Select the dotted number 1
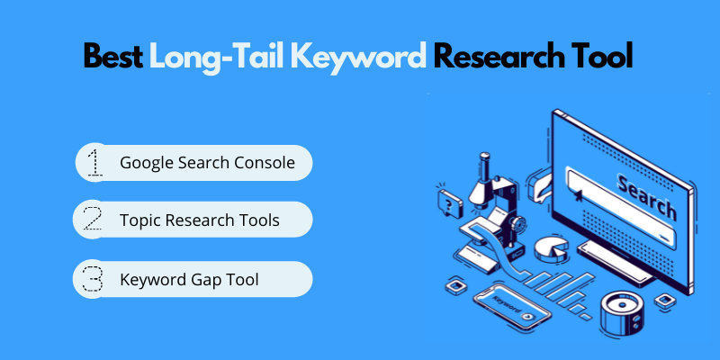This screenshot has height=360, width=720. pyautogui.click(x=94, y=163)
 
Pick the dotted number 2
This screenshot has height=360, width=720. pyautogui.click(x=94, y=220)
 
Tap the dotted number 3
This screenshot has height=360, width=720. pyautogui.click(x=94, y=279)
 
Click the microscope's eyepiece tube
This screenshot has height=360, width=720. pyautogui.click(x=484, y=170)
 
